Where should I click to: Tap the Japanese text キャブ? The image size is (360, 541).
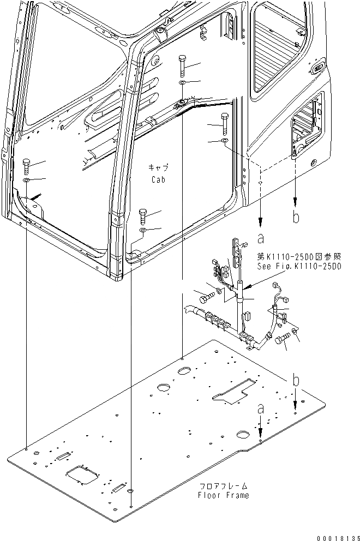point(158,168)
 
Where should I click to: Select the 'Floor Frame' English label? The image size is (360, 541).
point(224,495)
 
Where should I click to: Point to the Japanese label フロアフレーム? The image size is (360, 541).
point(224,485)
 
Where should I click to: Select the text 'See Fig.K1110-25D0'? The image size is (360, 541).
point(299,266)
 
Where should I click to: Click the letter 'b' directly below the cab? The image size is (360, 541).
point(296,218)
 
